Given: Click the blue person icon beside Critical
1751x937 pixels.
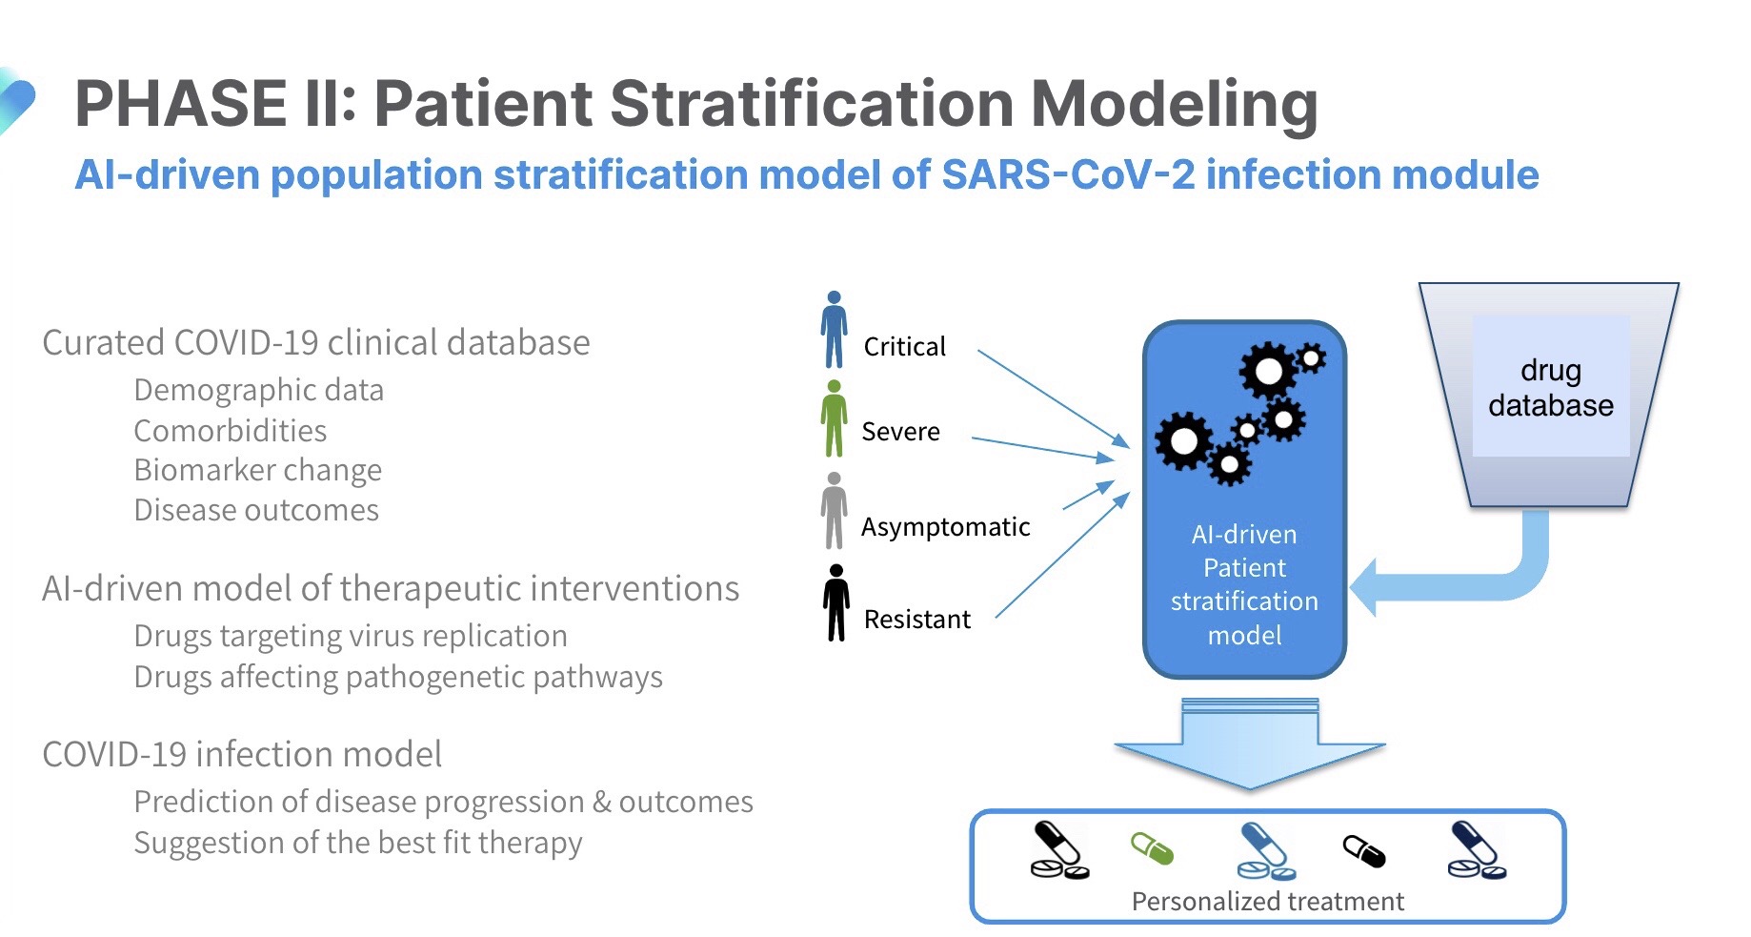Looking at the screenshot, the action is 835,330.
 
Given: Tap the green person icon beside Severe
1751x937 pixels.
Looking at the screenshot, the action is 835,419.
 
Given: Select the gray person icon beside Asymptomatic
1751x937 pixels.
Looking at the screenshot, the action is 835,511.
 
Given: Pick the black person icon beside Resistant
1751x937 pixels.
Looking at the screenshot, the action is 836,602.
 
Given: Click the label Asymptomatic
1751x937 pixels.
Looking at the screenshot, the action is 946,527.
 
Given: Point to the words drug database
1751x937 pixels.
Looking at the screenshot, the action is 1551,388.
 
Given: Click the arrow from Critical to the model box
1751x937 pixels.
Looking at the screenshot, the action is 1054,398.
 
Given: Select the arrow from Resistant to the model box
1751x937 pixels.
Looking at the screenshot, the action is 1062,556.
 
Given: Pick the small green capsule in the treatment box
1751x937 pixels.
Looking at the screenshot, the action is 1152,848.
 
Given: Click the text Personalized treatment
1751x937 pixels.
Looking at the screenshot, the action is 1268,902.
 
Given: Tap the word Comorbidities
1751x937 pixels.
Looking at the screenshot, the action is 231,431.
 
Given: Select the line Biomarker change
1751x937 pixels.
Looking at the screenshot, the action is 258,471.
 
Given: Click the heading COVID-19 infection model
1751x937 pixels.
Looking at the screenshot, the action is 242,754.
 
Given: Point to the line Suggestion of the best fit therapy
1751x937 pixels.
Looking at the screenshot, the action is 358,843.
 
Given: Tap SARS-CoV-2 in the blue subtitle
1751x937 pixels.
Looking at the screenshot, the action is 1068,174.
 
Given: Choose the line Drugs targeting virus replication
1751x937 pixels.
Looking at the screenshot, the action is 351,636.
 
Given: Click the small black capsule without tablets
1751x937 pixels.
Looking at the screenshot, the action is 1364,851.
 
